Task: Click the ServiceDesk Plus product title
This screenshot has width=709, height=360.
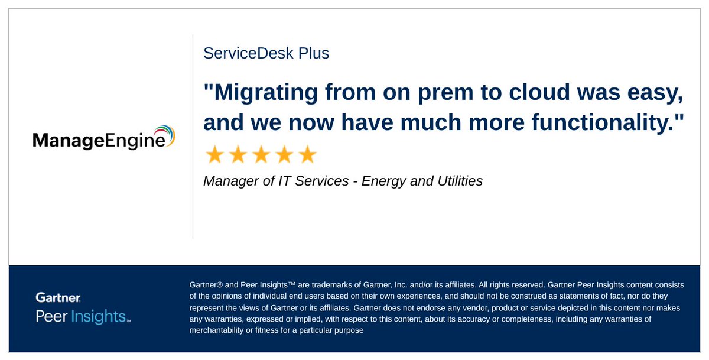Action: click(266, 53)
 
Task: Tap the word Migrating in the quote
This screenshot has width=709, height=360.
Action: click(269, 93)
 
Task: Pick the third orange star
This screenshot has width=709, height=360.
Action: click(261, 155)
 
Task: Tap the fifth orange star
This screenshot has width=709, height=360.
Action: click(307, 155)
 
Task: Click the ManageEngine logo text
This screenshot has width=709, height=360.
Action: click(97, 141)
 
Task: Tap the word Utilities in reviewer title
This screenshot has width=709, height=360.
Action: click(458, 181)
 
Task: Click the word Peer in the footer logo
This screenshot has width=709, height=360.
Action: click(51, 316)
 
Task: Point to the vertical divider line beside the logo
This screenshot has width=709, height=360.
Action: click(193, 137)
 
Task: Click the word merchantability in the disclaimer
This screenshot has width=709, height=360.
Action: click(216, 330)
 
